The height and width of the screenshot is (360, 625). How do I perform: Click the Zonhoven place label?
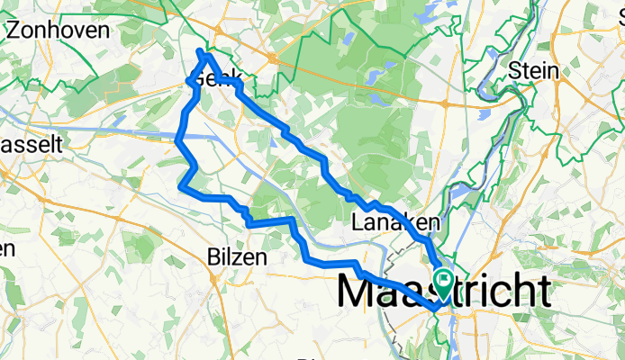(x=58, y=29)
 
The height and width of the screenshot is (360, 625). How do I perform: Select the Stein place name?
(x=533, y=70)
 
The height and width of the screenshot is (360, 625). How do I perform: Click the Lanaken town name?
(x=395, y=221)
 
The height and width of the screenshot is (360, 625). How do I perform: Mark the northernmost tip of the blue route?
(x=200, y=50)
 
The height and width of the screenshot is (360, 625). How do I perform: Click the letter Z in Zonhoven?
(x=14, y=29)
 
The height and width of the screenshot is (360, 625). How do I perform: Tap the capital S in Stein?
(x=514, y=70)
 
